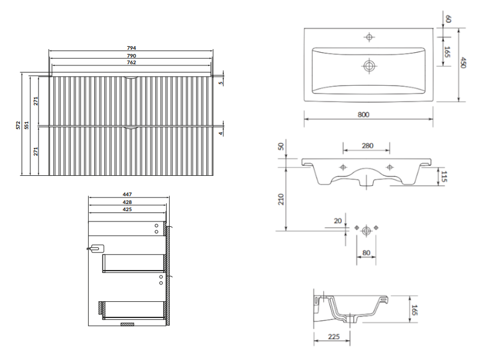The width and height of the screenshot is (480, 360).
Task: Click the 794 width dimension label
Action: (x=131, y=48)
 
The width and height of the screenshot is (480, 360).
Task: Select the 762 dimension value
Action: (x=131, y=62)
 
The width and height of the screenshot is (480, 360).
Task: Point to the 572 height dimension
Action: (x=19, y=125)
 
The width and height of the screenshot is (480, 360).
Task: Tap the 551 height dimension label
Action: (x=26, y=125)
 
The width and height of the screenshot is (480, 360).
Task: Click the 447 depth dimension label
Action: (x=127, y=194)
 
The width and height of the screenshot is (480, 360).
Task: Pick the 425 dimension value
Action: (x=127, y=209)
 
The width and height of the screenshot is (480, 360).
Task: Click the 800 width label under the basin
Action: (x=364, y=115)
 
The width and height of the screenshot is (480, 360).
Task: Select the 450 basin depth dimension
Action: (x=463, y=63)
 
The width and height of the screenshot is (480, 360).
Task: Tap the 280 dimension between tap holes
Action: (x=367, y=146)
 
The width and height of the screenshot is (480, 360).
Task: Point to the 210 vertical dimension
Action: (x=281, y=199)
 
